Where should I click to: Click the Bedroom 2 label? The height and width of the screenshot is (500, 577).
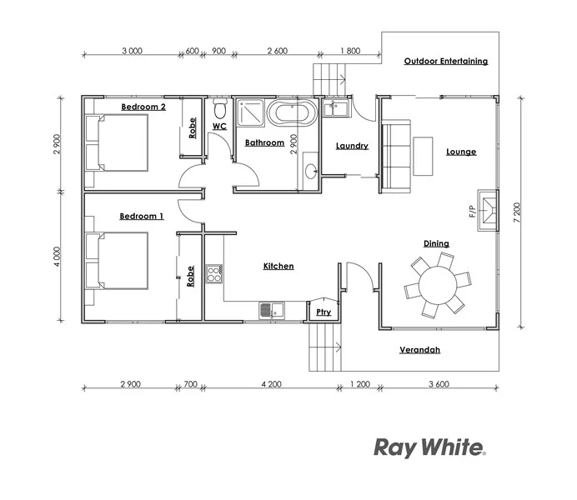pyautogui.click(x=143, y=107)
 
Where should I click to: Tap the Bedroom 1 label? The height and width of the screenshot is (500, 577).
pyautogui.click(x=141, y=216)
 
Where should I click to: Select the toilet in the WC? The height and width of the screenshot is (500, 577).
pyautogui.click(x=220, y=109)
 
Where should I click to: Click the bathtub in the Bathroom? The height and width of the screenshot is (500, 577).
pyautogui.click(x=291, y=112)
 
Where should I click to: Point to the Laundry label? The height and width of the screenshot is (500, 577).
pyautogui.click(x=352, y=146)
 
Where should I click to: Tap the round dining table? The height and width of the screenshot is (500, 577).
pyautogui.click(x=437, y=286)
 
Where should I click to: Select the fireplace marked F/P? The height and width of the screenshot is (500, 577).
pyautogui.click(x=487, y=204)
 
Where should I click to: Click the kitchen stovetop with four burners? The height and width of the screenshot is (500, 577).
pyautogui.click(x=214, y=272)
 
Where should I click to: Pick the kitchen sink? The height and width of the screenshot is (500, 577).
pyautogui.click(x=271, y=310)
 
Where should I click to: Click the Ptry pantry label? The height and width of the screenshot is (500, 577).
pyautogui.click(x=324, y=312)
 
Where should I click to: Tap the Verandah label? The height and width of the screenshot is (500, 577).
pyautogui.click(x=419, y=350)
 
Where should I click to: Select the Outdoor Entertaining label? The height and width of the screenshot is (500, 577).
pyautogui.click(x=446, y=61)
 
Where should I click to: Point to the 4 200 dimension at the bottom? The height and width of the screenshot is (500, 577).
pyautogui.click(x=271, y=384)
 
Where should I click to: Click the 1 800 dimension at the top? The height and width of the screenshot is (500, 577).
pyautogui.click(x=349, y=51)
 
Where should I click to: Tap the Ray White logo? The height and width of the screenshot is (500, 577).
pyautogui.click(x=429, y=448)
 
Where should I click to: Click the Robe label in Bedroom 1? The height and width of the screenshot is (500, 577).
pyautogui.click(x=191, y=276)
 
